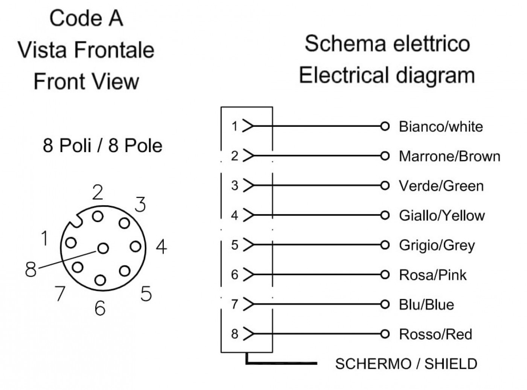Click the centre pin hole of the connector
click(103, 248)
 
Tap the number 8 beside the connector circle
click(31, 269)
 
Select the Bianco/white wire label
click(441, 126)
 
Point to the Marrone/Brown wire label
click(449, 156)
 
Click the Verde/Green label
click(441, 186)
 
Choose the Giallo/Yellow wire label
click(442, 216)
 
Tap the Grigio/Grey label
click(437, 245)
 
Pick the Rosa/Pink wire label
click(433, 275)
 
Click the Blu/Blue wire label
click(426, 305)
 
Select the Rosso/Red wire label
click(436, 334)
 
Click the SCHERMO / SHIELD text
click(406, 364)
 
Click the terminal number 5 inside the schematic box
click(235, 245)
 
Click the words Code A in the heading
click(86, 18)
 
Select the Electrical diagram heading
click(387, 75)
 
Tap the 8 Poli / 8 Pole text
click(102, 145)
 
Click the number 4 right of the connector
click(161, 247)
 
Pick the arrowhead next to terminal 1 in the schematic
click(248, 126)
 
